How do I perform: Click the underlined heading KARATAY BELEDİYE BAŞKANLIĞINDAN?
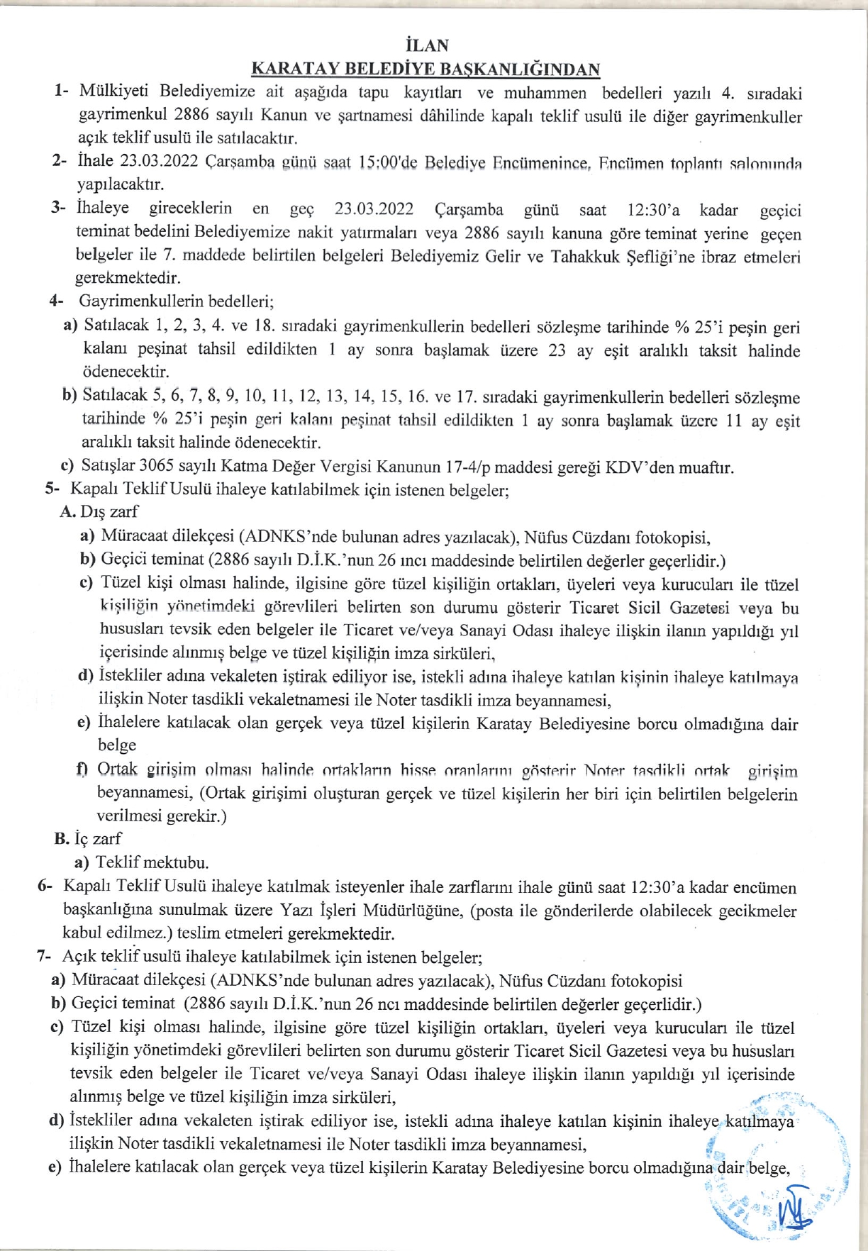point(426,69)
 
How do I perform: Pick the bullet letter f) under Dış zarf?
point(83,770)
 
